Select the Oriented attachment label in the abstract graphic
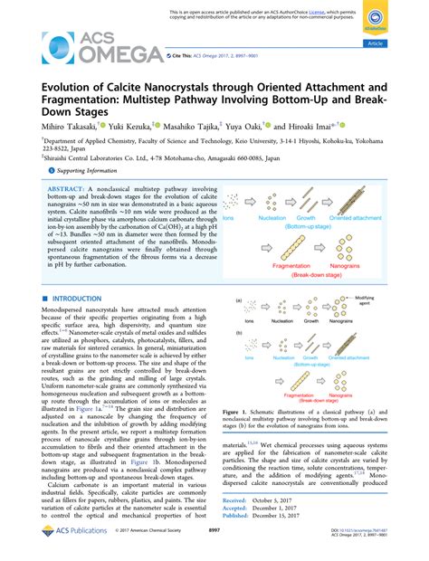pos(379,218)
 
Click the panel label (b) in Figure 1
pos(240,356)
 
